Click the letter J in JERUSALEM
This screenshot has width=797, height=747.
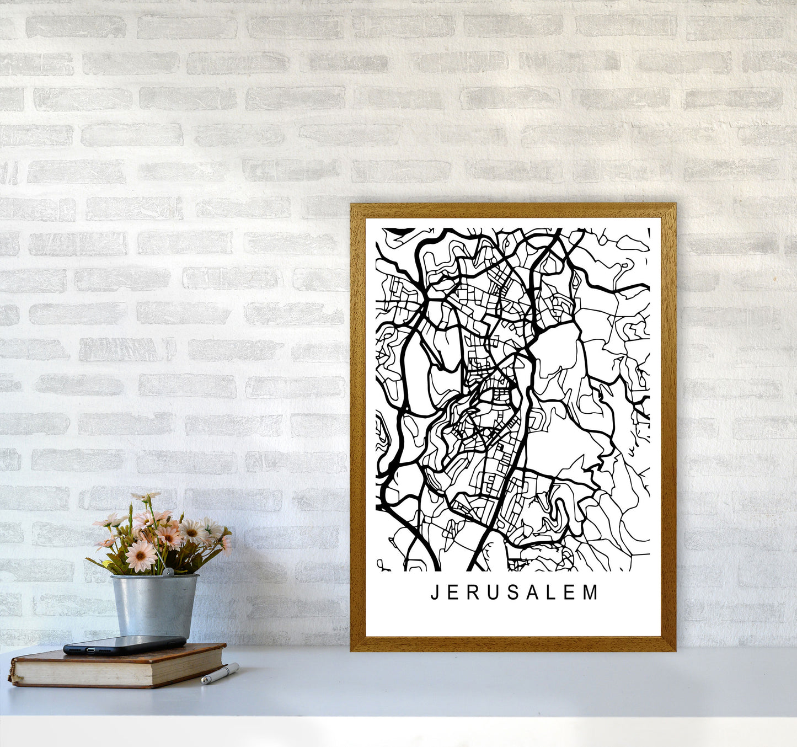[x=434, y=593]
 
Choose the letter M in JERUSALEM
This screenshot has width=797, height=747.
[x=591, y=593]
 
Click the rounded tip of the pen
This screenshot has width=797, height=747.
[x=203, y=682]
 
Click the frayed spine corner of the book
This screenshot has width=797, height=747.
[x=12, y=676]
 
